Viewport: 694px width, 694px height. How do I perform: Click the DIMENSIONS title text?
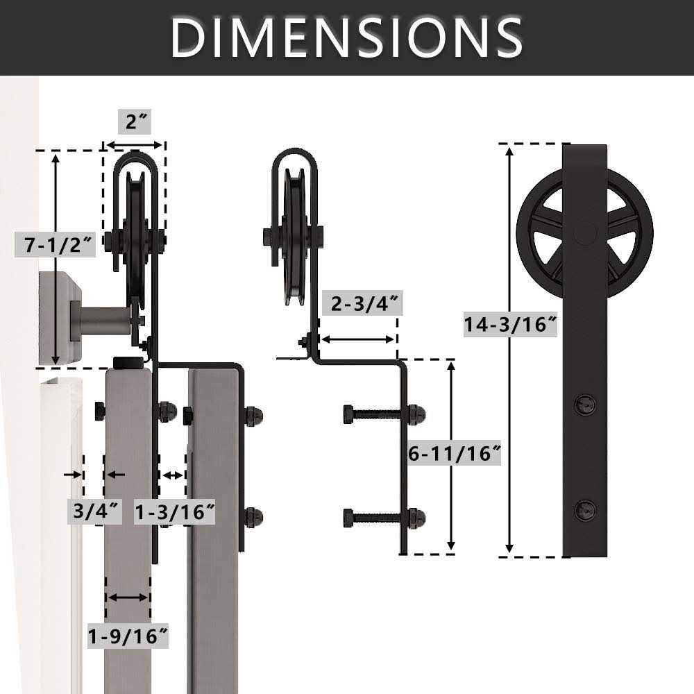pos(346,37)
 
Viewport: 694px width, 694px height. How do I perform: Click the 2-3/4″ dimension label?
pos(362,305)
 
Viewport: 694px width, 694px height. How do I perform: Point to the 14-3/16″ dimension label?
pos(511,323)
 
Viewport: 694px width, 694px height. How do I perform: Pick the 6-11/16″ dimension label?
pos(455,454)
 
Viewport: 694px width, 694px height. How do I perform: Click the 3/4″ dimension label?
pos(94,511)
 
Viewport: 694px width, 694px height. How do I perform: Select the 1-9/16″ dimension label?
pos(128,635)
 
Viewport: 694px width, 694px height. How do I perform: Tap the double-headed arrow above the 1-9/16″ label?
pos(128,598)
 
